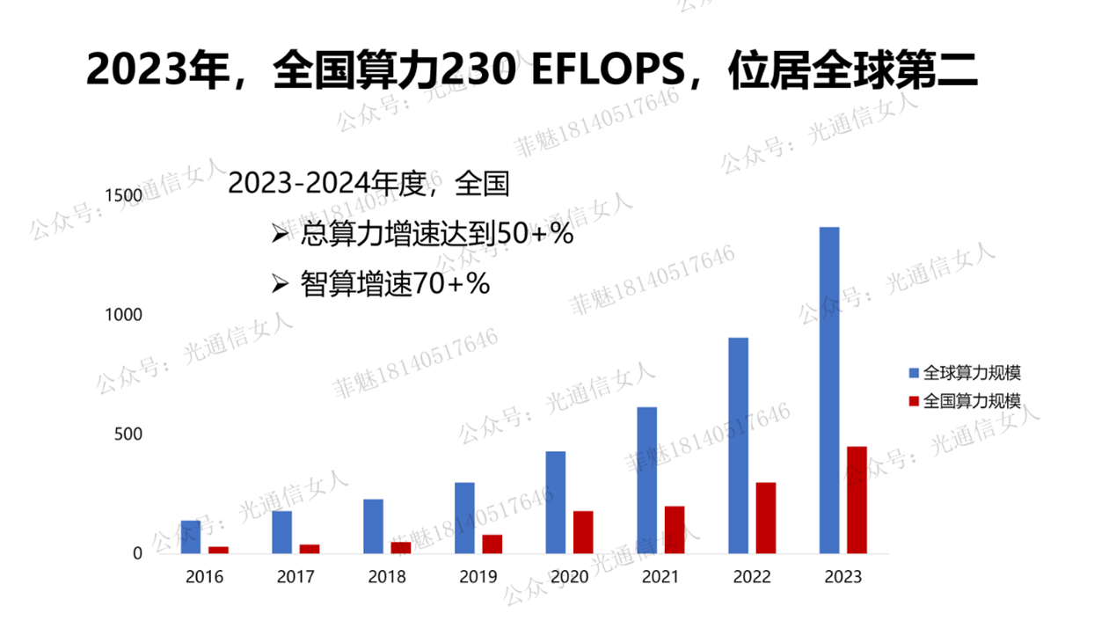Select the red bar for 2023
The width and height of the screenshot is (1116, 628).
tap(857, 500)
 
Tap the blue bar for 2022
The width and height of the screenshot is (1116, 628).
tap(738, 445)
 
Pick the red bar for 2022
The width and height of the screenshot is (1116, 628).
tap(766, 518)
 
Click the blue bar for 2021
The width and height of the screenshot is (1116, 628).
tap(646, 480)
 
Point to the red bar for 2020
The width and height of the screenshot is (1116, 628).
tap(583, 532)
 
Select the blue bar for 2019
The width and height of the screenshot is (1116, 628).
tap(464, 518)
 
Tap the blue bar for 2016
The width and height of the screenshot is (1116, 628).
tap(191, 537)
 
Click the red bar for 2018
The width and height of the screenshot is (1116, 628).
tap(401, 547)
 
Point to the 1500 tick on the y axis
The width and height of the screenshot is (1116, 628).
tap(124, 194)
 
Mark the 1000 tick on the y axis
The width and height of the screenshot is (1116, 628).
tap(124, 314)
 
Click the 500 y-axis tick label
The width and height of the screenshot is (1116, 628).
tap(128, 434)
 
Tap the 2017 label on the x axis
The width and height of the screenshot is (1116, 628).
tap(295, 577)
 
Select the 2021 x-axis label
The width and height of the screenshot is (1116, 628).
tap(660, 577)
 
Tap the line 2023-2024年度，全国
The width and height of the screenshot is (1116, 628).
tap(368, 183)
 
